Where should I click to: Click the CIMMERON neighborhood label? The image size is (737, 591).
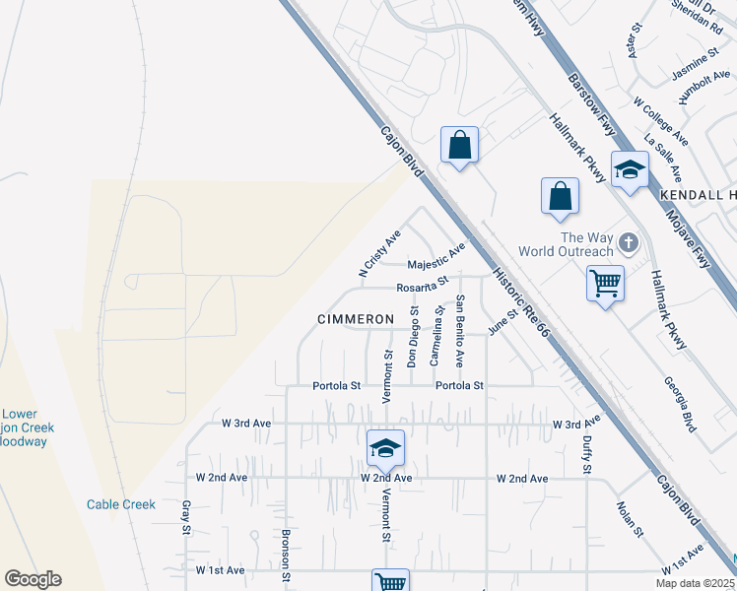point(356,319)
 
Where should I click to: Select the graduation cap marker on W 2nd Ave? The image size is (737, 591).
point(386,449)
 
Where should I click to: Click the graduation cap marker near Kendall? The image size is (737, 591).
point(630,170)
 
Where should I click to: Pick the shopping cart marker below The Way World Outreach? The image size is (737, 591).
point(605,284)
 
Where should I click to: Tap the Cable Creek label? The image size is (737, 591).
point(121,504)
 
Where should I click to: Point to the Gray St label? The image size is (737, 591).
point(185,517)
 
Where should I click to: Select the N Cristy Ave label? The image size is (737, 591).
point(379,254)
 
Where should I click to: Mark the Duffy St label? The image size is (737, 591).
point(585,454)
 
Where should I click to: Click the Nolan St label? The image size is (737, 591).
point(630,518)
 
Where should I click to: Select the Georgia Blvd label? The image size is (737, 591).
point(679,404)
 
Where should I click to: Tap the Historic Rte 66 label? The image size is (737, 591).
point(519,301)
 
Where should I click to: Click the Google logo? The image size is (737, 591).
point(33,579)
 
